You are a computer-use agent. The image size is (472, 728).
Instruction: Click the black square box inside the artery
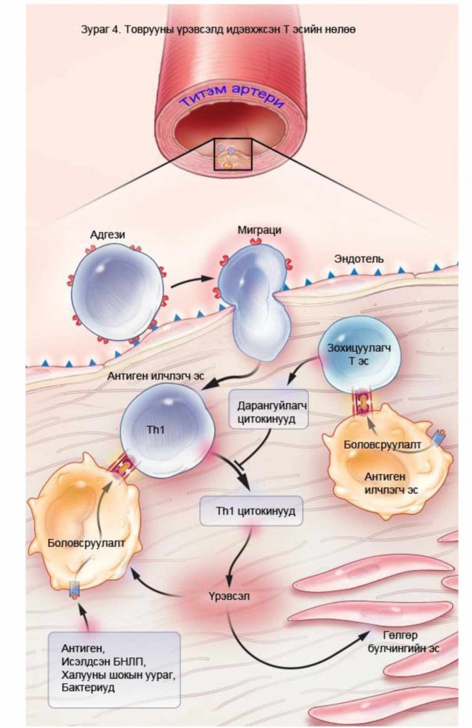(233, 154)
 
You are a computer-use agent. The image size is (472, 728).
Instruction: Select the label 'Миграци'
(260, 231)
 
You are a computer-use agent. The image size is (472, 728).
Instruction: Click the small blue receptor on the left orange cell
(75, 589)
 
